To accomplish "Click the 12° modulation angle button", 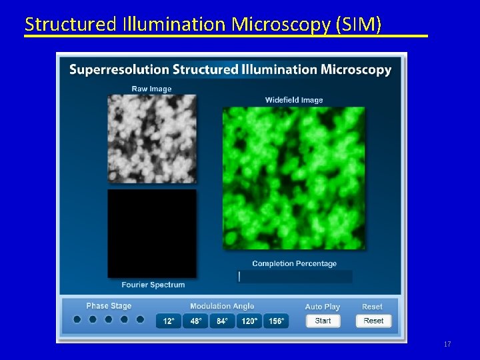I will point(169,321).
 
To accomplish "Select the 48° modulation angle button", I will point(195,321).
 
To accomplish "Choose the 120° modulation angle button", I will point(249,321).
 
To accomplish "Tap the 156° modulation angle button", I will point(276,321).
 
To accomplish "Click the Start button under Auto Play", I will point(323,321).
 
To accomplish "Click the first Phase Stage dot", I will point(77,319).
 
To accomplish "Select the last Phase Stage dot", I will point(140,319).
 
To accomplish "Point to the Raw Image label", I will point(151,89).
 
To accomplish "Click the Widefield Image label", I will point(294,100).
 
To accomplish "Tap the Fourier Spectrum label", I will point(153,285).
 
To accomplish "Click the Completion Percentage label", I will point(294,263).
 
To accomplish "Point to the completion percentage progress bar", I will point(295,276).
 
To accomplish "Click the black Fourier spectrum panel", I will point(152,233).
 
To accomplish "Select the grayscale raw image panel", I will point(152,139).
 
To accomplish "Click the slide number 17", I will point(447,344).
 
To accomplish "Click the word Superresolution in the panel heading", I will point(119,69).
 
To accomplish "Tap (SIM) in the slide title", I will point(360,25).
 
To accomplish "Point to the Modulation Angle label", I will point(222,306).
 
